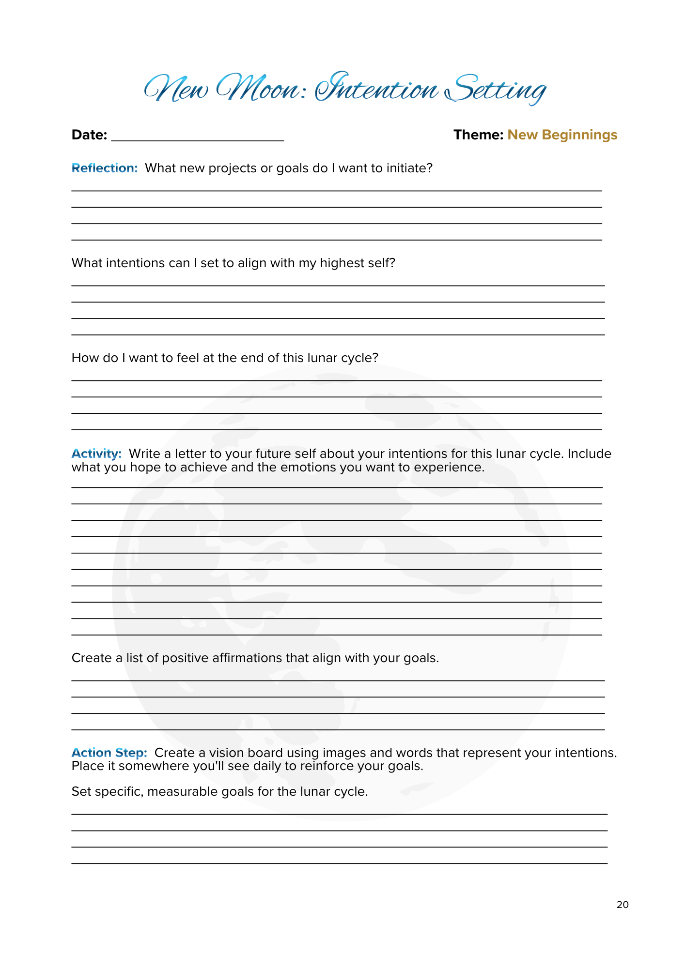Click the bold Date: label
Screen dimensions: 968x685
(89, 135)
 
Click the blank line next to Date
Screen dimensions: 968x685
(197, 138)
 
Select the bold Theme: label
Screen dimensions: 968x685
(478, 135)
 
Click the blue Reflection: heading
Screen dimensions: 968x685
(105, 168)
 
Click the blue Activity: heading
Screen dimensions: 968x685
(96, 454)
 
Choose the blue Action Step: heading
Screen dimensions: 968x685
(109, 753)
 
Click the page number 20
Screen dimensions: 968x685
(623, 905)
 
